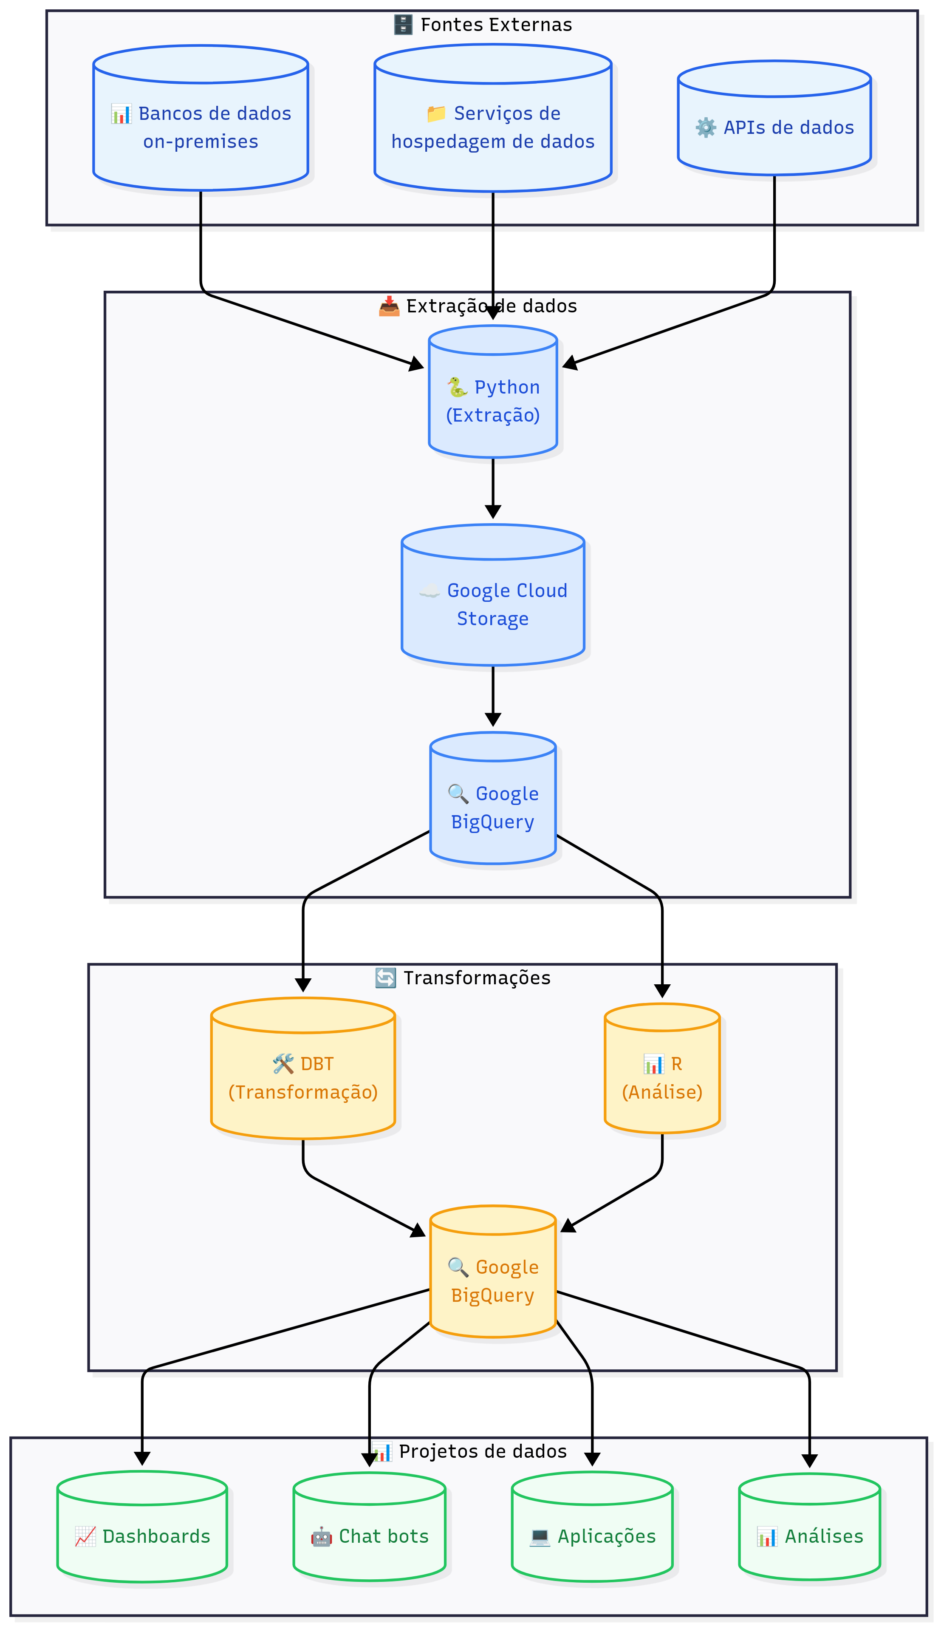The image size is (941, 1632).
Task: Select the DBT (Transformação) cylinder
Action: click(x=302, y=1077)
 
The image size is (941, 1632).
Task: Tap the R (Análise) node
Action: click(x=662, y=1077)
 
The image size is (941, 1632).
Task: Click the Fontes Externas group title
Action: click(x=496, y=25)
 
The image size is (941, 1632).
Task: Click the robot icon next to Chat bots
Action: click(x=321, y=1536)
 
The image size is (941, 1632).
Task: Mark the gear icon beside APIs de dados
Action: click(x=706, y=127)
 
